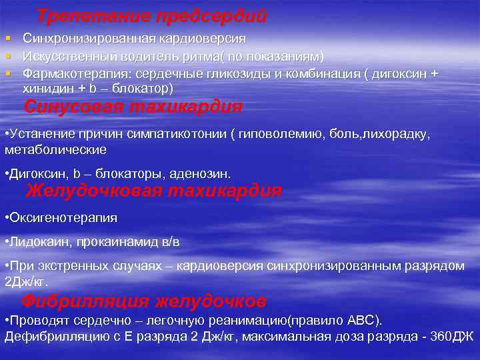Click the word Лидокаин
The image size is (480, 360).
[35, 242]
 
